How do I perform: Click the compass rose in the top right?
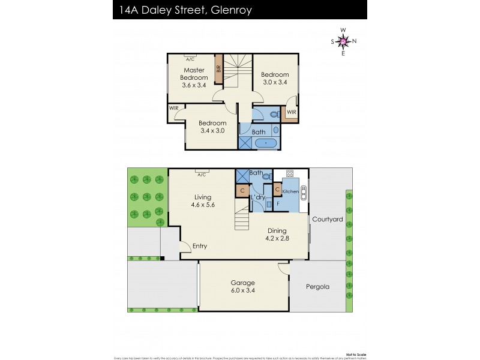coord(343,41)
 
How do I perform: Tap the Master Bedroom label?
coord(195,74)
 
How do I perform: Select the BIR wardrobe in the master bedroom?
coord(219,68)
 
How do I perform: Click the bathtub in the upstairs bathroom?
coord(263,143)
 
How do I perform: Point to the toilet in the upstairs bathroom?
coord(274,114)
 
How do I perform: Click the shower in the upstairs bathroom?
coord(245,143)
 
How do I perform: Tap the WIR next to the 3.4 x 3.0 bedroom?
coord(175,108)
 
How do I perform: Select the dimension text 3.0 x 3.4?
coord(275,83)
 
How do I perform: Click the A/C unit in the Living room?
coord(201,174)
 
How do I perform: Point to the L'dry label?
coord(259,197)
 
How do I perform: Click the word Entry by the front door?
coord(200,246)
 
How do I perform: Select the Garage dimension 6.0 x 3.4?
coord(243,290)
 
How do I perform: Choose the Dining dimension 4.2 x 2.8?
coord(277,238)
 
